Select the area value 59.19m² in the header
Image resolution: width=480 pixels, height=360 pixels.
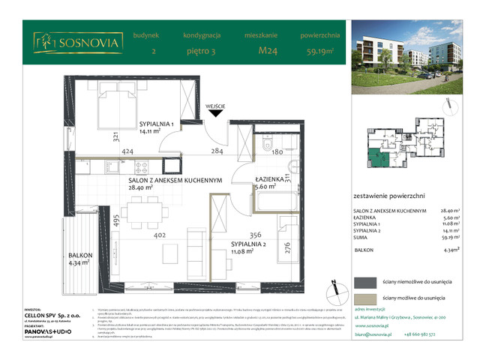[319, 52]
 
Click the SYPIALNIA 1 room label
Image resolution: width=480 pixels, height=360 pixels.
[156, 124]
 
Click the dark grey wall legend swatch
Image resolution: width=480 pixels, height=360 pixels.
[367, 282]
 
